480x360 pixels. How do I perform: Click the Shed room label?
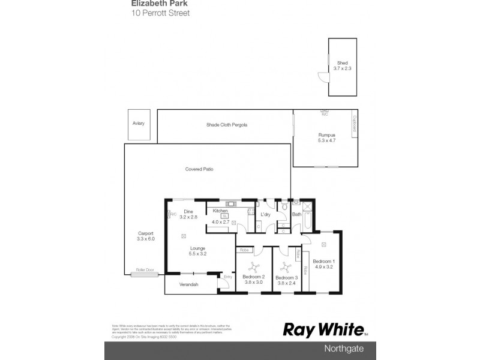pos(343,63)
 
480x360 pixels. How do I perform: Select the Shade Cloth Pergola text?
pos(227,124)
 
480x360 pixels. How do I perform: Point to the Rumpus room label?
pos(327,136)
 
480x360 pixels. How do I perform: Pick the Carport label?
pos(145,233)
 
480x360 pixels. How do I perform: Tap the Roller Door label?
pos(145,271)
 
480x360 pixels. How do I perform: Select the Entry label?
pos(227,277)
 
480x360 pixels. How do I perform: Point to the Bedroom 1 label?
pos(324,261)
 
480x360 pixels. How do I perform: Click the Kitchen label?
pos(220,211)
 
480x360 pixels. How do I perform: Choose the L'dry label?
pos(266,214)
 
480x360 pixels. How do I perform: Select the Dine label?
pos(188,211)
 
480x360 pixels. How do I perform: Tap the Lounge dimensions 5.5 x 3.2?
pos(197,254)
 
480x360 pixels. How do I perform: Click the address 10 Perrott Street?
pos(160,13)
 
